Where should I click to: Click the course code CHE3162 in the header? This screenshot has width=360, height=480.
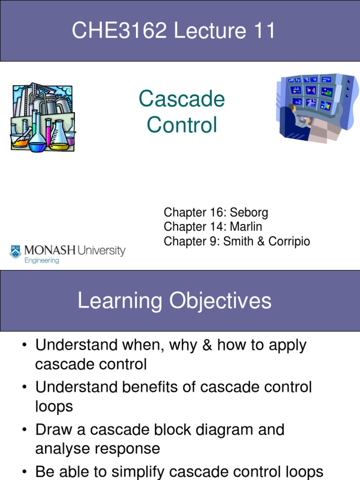coord(120,31)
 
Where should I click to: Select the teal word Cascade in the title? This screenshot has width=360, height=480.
coord(181,99)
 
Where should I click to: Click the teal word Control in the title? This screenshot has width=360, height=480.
coord(181,125)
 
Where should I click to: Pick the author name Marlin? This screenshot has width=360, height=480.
coord(246,227)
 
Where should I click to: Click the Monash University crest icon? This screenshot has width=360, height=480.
coord(15,252)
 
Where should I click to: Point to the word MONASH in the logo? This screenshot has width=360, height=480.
coord(49,250)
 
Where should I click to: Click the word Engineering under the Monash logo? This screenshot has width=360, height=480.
coord(42,261)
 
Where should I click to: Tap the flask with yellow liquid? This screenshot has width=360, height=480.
coord(60,138)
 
